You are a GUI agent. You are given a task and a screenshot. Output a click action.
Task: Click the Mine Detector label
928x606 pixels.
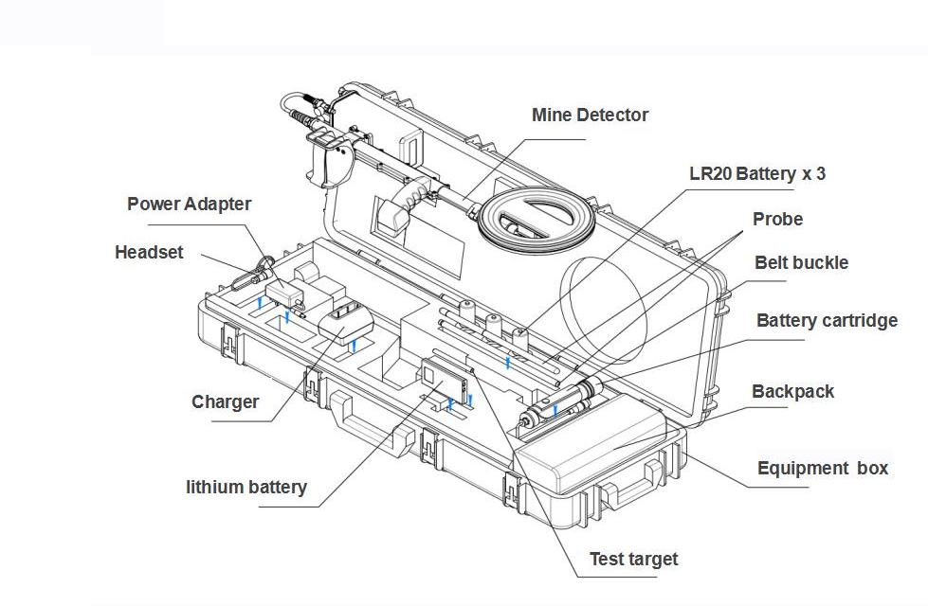click(x=590, y=116)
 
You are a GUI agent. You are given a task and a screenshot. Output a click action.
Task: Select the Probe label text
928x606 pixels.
click(x=777, y=220)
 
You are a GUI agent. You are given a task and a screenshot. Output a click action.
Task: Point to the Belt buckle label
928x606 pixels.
click(x=801, y=263)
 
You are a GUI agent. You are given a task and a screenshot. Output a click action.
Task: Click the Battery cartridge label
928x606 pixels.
click(x=827, y=321)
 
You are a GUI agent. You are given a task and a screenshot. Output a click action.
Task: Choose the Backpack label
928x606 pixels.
click(x=792, y=391)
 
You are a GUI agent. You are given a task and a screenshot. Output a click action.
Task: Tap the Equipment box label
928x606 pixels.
click(x=823, y=468)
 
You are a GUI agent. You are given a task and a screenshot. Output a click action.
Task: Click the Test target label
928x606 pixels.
click(x=633, y=559)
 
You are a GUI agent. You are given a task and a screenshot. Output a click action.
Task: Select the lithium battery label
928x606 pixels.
click(x=246, y=488)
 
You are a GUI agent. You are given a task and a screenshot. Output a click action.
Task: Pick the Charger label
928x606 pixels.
click(x=225, y=401)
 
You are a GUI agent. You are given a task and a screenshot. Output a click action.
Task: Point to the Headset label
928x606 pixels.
click(x=149, y=253)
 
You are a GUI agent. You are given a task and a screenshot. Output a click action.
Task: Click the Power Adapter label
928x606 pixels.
click(x=190, y=204)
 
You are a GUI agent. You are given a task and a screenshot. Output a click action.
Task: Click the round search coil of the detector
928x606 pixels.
click(x=537, y=223)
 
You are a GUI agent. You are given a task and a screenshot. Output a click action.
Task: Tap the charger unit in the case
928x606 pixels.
click(x=346, y=323)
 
